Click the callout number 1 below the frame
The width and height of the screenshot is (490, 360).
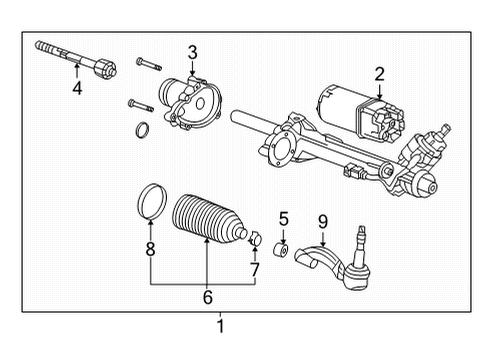[x=222, y=325]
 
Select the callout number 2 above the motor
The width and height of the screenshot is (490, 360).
[x=379, y=73]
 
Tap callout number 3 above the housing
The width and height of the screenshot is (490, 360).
[x=192, y=51]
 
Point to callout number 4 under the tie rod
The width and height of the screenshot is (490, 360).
[x=77, y=88]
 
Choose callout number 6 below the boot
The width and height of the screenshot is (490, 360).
[x=209, y=296]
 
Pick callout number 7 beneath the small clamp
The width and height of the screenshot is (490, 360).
[x=254, y=270]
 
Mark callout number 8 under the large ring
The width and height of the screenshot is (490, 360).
[x=151, y=250]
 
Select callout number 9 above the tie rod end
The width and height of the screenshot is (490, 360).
[x=322, y=220]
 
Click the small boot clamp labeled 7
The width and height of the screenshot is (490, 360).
[x=254, y=238]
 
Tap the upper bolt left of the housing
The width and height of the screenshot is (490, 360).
[x=145, y=66]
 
